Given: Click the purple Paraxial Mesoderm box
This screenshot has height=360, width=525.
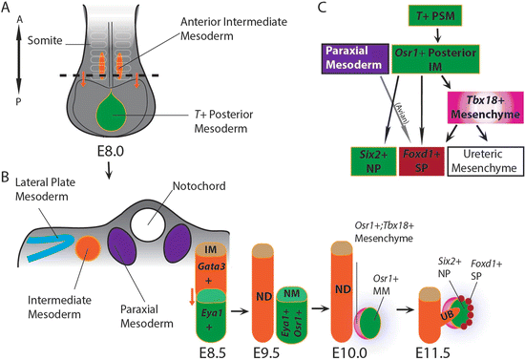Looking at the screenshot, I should (x=353, y=58).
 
